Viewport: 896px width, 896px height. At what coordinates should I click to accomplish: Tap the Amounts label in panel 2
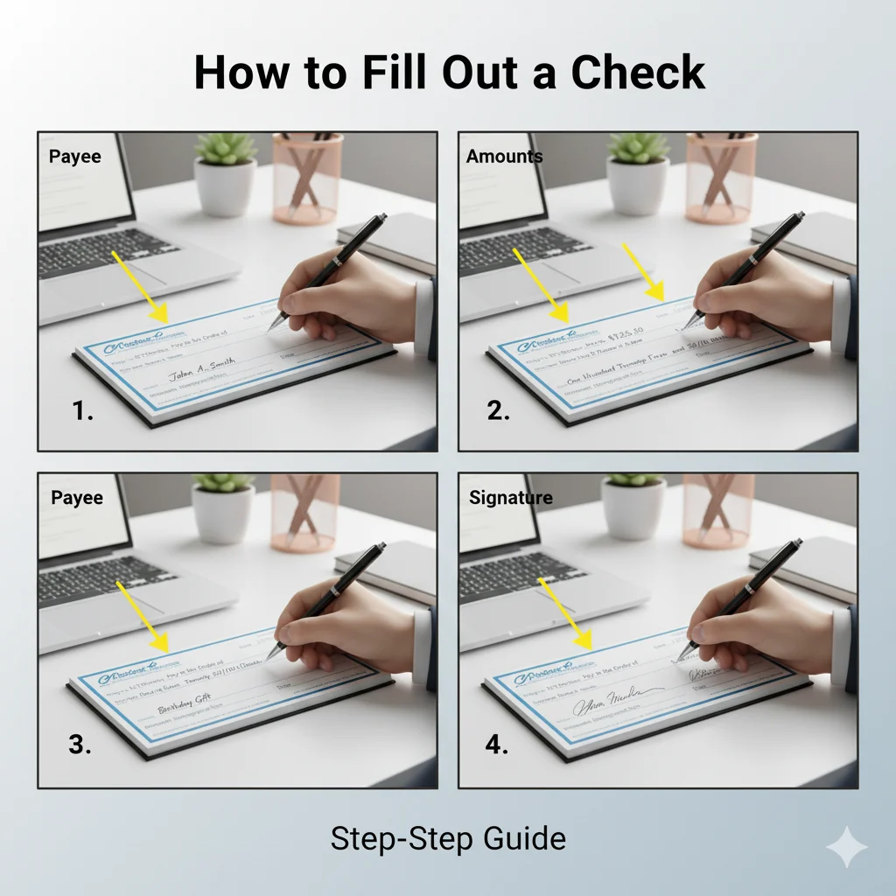point(504,157)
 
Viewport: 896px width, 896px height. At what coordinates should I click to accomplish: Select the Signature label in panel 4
point(511,498)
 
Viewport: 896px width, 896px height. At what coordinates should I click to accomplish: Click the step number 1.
point(83,410)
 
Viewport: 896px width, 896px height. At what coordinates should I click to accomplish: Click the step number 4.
point(498,746)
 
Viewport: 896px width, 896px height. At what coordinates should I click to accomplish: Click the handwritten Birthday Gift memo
point(185,708)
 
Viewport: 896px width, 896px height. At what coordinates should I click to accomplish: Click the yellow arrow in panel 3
point(143,617)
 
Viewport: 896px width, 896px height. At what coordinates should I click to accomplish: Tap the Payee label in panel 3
point(77,498)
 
